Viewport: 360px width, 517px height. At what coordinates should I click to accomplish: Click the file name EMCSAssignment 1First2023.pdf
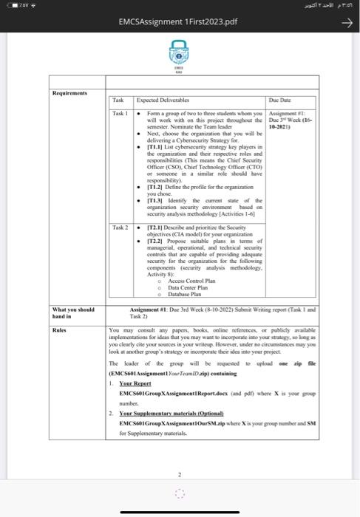180,23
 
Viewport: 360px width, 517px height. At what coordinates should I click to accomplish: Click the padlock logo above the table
178,55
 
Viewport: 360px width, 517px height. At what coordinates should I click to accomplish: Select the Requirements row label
72,93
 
